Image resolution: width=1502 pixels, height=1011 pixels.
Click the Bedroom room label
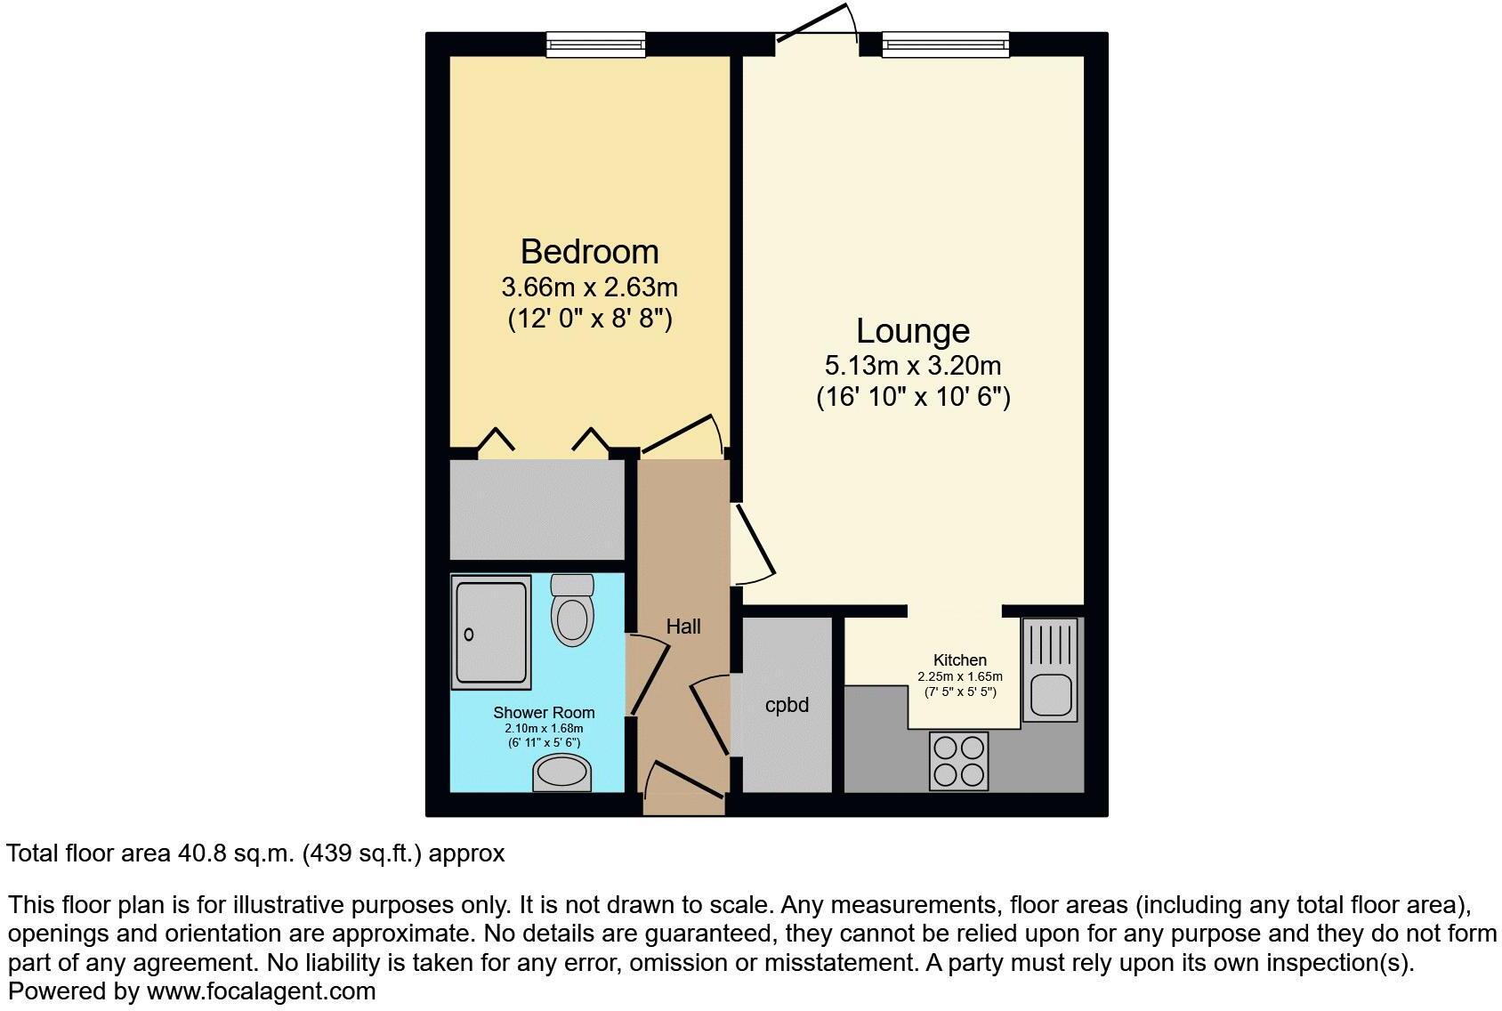tap(589, 252)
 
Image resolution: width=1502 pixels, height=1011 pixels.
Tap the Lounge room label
tap(913, 331)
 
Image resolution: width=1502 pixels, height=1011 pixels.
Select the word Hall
tap(683, 627)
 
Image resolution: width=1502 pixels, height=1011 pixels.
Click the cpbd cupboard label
tap(787, 706)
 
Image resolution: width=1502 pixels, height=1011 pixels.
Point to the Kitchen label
tap(959, 660)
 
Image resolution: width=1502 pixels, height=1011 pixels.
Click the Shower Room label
tap(544, 713)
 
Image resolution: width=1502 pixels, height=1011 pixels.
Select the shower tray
tap(491, 632)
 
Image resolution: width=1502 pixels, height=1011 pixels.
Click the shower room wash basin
tap(562, 772)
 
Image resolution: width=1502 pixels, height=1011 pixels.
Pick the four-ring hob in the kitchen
tap(958, 760)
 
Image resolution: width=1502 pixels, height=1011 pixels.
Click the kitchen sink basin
tap(1050, 696)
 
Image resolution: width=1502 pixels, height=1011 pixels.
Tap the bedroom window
tap(595, 44)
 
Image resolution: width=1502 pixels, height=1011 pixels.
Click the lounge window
tap(945, 44)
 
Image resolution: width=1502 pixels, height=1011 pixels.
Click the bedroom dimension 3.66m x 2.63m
tap(589, 287)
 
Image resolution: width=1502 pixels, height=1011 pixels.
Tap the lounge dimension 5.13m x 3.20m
tap(913, 366)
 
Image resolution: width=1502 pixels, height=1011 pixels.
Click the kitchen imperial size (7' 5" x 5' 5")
tap(959, 692)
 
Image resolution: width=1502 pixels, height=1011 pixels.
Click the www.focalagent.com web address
tap(261, 991)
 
